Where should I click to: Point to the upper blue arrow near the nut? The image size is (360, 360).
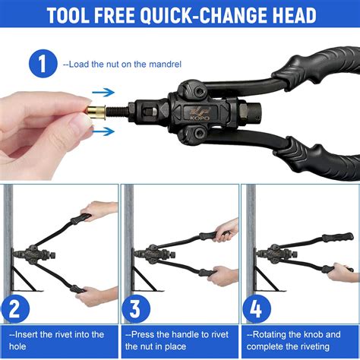click(x=103, y=93)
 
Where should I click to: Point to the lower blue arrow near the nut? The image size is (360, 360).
click(x=103, y=131)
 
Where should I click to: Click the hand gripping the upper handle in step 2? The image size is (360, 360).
click(x=99, y=211)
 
